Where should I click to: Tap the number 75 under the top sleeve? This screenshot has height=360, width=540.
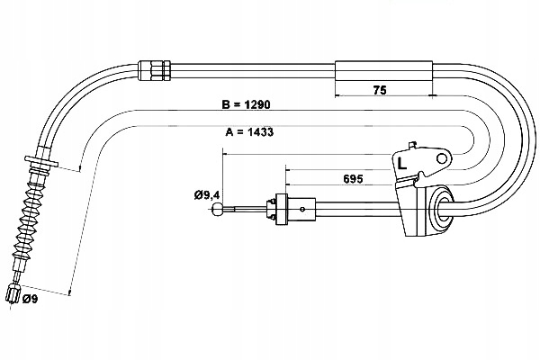coord(381,90)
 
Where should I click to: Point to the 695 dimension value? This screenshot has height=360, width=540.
coord(353,179)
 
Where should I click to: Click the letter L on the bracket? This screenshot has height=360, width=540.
coord(402,165)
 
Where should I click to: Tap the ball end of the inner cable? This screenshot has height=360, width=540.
coord(218,211)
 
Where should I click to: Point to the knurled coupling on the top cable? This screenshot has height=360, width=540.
coord(154,68)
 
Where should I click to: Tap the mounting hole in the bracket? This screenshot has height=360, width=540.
coord(440,160)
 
